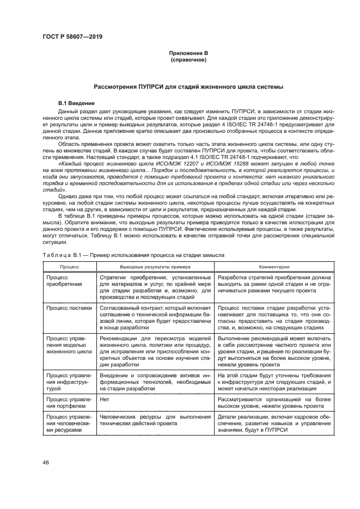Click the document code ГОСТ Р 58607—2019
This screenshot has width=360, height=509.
(x=72, y=37)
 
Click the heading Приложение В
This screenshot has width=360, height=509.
(x=188, y=53)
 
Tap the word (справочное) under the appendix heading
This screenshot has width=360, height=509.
(x=188, y=59)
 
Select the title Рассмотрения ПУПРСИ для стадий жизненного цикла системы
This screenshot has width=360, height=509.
(x=188, y=87)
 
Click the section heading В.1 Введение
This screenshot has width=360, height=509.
(x=76, y=103)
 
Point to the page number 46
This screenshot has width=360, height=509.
(x=46, y=462)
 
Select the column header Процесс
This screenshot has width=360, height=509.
(x=69, y=267)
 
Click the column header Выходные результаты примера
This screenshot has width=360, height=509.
(x=155, y=267)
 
